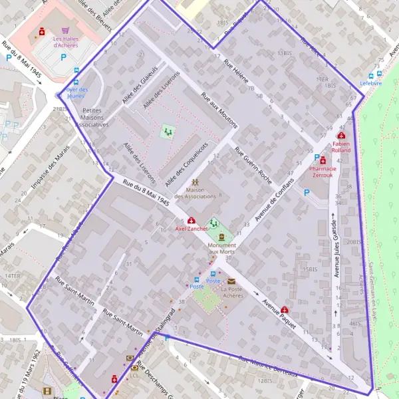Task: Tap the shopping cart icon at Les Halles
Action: click(65, 31)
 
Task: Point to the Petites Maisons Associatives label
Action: click(92, 117)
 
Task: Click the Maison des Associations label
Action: click(196, 193)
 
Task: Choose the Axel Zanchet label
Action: click(192, 228)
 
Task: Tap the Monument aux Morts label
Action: click(222, 249)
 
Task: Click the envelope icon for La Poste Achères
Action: click(231, 281)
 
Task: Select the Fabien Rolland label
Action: click(341, 146)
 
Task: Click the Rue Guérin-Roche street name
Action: click(253, 163)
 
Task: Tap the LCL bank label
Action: click(134, 374)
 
